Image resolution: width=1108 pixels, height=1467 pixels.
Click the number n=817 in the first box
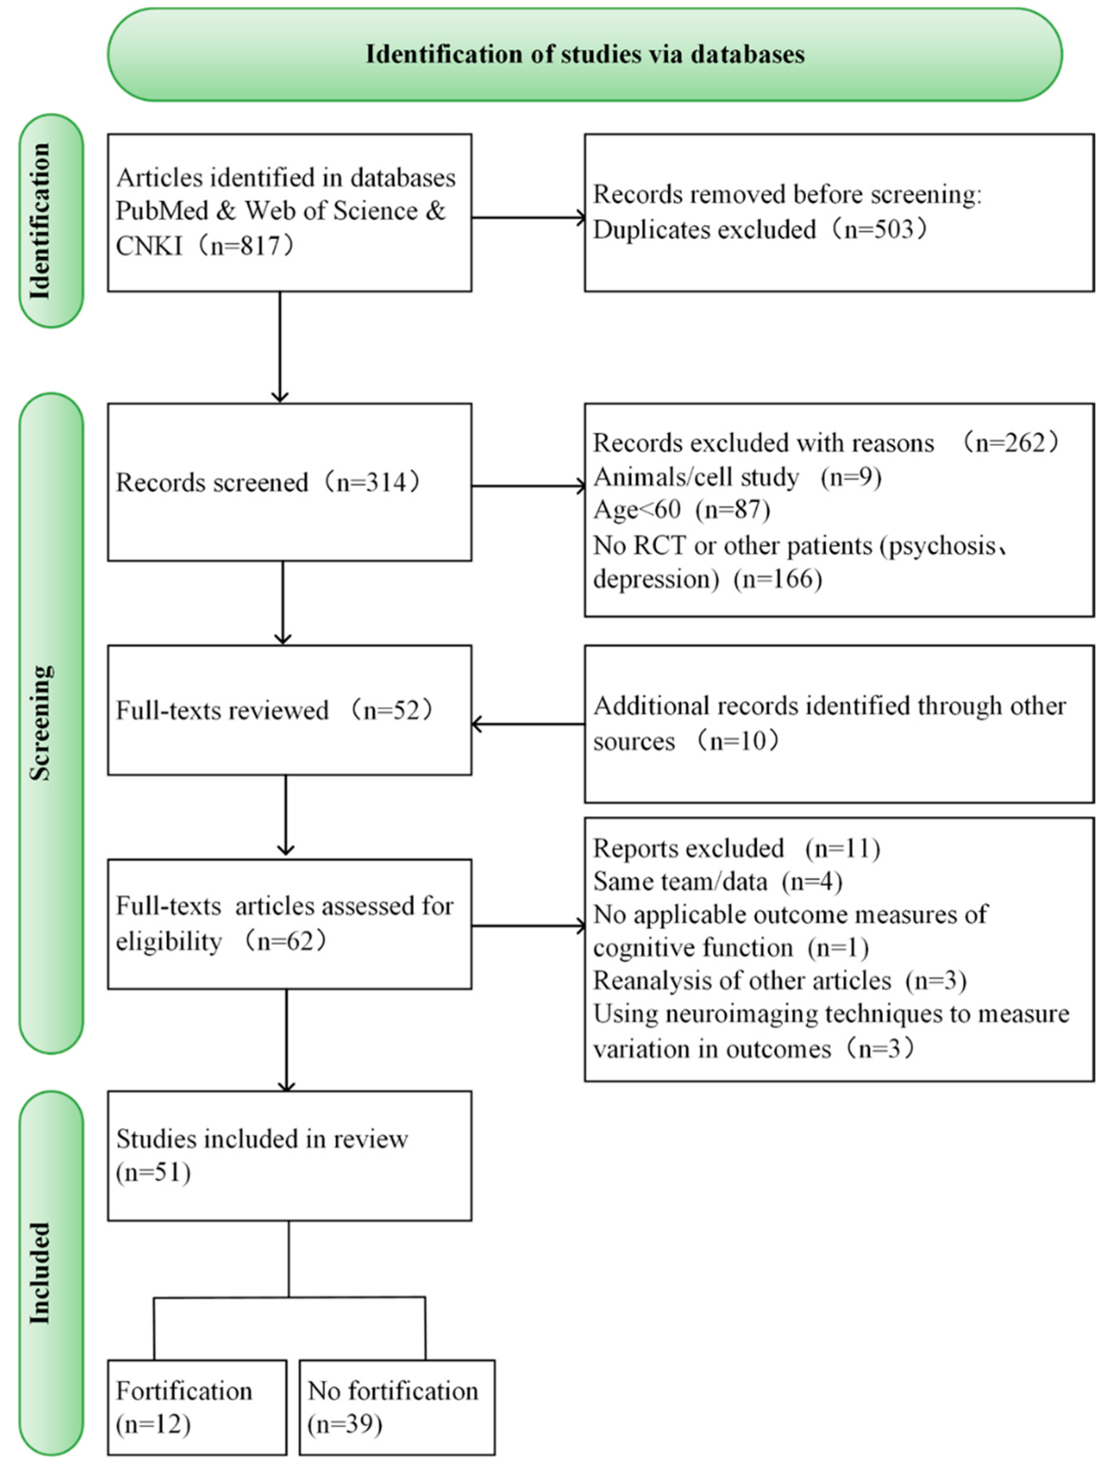[250, 246]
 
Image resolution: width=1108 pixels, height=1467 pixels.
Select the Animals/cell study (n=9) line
[736, 477]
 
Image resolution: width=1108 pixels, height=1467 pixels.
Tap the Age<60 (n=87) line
[681, 509]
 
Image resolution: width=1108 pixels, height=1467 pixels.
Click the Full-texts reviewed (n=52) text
[274, 710]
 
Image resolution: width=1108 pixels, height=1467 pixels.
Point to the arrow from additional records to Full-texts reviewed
[527, 724]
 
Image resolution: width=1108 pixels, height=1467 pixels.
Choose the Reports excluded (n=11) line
[736, 848]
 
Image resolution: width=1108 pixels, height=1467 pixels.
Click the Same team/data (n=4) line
[717, 881]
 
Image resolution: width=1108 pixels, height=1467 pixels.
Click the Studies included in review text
[262, 1139]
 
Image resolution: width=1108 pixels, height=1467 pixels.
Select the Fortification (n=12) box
[197, 1407]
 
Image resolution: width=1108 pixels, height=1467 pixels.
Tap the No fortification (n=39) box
[396, 1407]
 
